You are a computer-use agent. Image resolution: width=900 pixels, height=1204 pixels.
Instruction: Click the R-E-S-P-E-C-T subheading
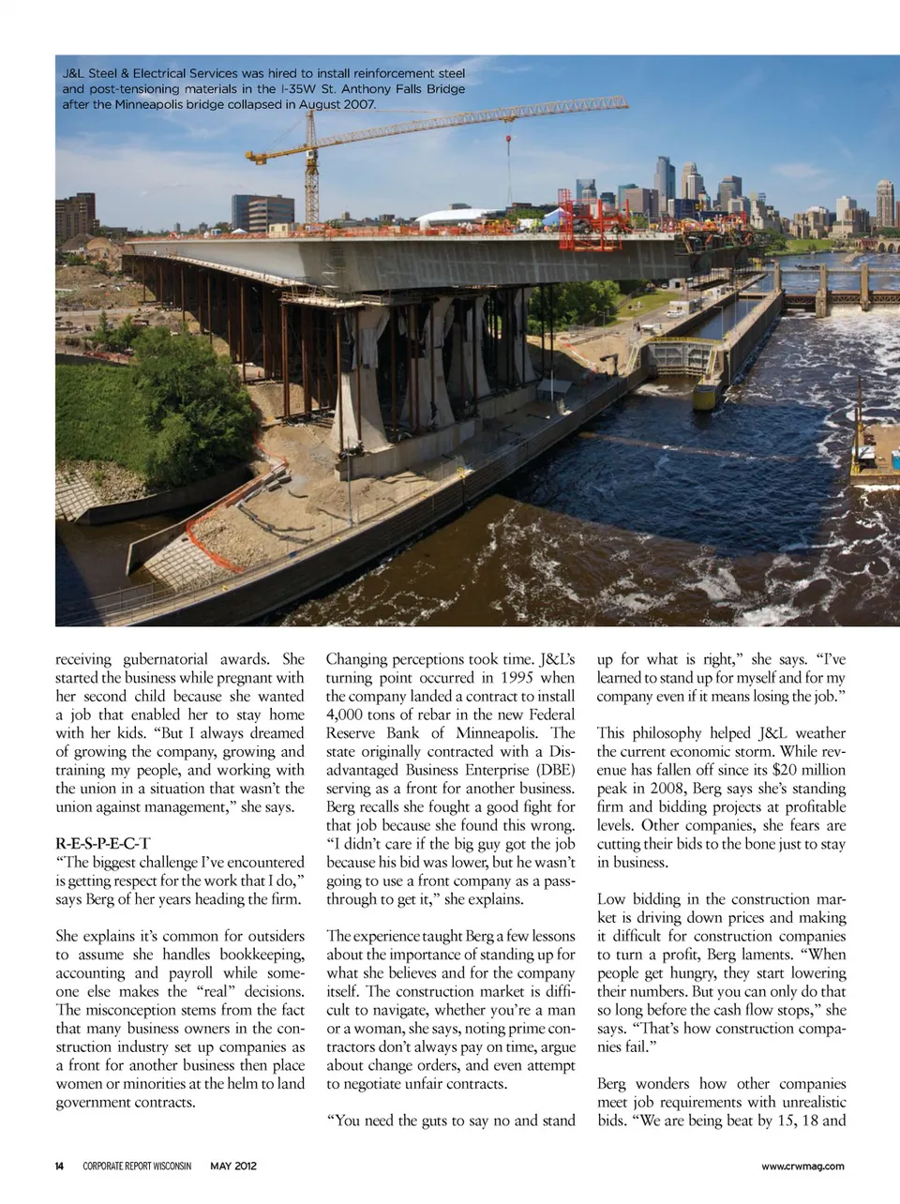[x=102, y=843]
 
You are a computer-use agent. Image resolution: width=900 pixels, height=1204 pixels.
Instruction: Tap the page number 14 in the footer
[x=59, y=1166]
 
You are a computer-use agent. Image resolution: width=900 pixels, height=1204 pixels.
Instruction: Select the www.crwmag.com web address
[x=802, y=1166]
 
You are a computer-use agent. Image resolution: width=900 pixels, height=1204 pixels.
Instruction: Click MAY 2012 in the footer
[x=233, y=1166]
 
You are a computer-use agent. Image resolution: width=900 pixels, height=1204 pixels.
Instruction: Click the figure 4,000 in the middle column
[x=346, y=715]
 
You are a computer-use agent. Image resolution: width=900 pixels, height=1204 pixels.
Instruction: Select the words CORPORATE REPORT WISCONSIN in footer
[x=137, y=1166]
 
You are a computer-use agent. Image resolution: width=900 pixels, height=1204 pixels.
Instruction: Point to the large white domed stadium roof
[x=466, y=218]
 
